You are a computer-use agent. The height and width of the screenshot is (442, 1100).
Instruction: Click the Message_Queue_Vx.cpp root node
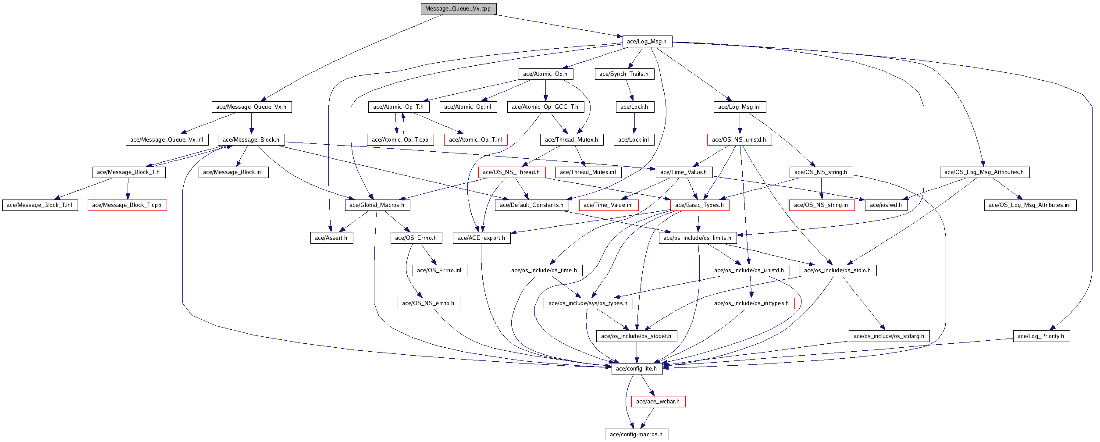[458, 9]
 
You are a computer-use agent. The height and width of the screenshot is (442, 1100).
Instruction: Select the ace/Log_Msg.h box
[647, 42]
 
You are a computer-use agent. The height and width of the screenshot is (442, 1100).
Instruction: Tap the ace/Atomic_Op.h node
[545, 74]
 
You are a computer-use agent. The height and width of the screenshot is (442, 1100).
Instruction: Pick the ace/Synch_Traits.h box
[624, 74]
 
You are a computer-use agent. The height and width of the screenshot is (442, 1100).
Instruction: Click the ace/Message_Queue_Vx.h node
[251, 107]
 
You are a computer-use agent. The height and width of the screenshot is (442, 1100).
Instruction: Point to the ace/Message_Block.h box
[251, 140]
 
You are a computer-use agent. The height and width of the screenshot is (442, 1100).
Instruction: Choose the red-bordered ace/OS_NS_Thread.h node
[511, 172]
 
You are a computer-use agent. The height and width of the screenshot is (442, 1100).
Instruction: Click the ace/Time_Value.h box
[683, 172]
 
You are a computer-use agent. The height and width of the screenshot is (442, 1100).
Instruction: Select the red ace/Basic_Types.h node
[699, 205]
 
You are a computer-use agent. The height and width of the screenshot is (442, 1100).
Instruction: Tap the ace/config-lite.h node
[636, 369]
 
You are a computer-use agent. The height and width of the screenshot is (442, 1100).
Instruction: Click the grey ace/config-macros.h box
[636, 435]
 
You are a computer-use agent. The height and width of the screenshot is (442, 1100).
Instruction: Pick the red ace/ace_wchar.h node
[658, 402]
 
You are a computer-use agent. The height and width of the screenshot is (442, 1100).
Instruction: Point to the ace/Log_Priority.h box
[1041, 336]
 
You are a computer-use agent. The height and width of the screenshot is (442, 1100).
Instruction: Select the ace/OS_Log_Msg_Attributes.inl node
[1029, 205]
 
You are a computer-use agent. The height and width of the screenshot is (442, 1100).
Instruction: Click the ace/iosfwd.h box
[886, 205]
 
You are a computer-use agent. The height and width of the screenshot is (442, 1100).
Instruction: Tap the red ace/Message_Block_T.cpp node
[127, 205]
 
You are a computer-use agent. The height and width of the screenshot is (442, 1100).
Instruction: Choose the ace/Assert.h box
[331, 238]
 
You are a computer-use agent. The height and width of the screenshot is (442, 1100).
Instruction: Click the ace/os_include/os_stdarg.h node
[889, 336]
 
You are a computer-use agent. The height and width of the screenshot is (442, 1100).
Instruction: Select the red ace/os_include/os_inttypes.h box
[751, 303]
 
